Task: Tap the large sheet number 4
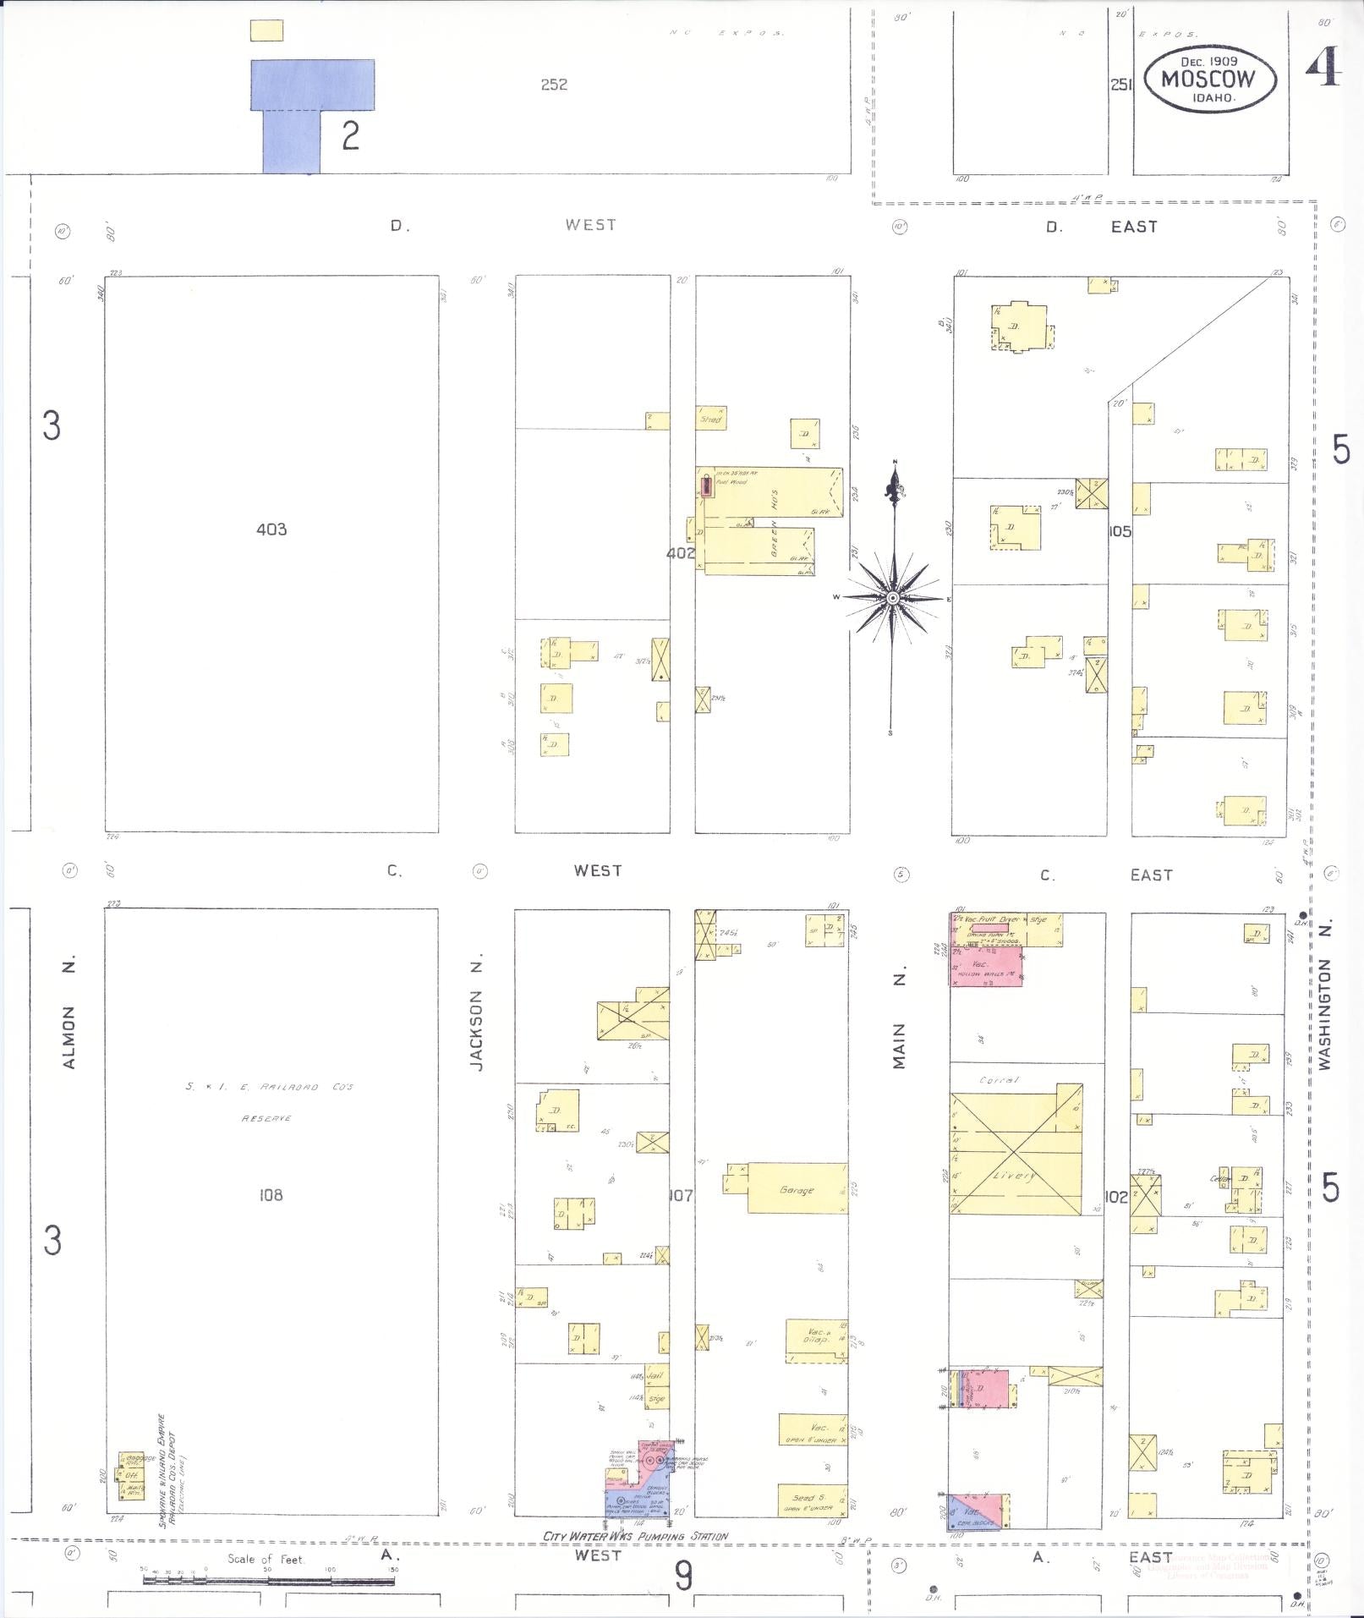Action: (x=1324, y=67)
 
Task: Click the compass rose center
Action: (x=891, y=598)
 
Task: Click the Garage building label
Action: (x=797, y=1189)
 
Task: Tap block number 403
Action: (x=271, y=529)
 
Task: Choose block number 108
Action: (x=271, y=1194)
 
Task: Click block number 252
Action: (x=554, y=85)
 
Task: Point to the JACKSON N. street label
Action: (x=478, y=1031)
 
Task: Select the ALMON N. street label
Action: (x=69, y=1014)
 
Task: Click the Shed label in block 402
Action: (x=710, y=419)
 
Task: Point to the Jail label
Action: (x=656, y=1376)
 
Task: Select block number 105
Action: (x=1120, y=531)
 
